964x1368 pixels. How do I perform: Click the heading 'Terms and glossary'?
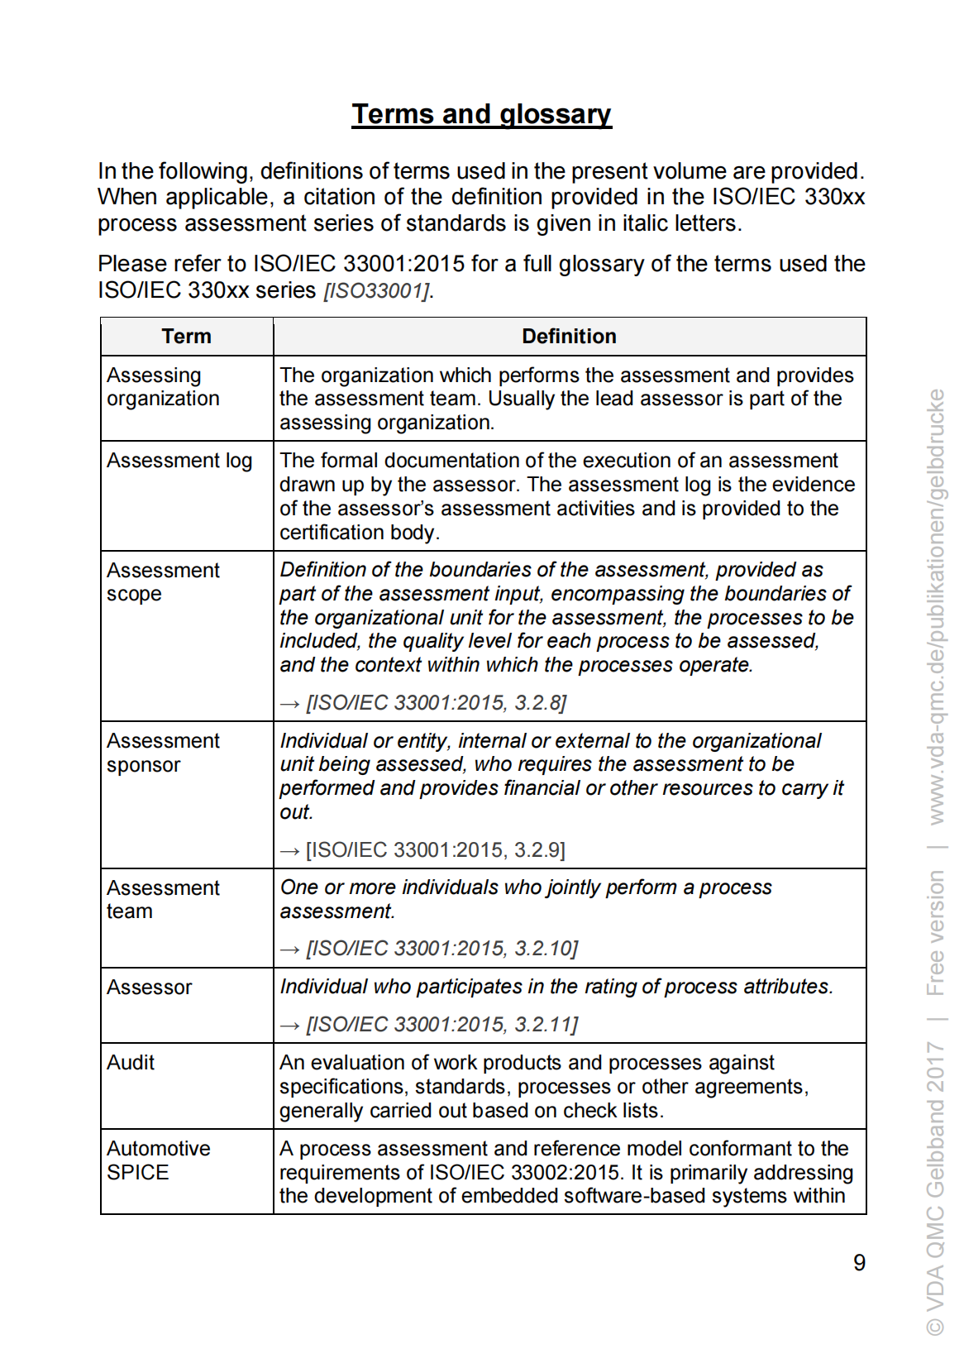click(x=481, y=114)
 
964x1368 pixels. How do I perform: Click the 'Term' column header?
click(x=187, y=337)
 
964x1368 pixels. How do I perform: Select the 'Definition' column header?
click(x=569, y=337)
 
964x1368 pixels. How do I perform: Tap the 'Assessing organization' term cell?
click(x=163, y=387)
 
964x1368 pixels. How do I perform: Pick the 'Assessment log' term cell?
click(x=179, y=461)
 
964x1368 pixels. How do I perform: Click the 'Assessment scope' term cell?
click(x=163, y=582)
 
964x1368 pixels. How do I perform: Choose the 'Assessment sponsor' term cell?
click(x=163, y=753)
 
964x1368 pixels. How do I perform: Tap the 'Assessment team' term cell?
click(x=163, y=900)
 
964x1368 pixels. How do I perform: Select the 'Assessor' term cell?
click(x=150, y=988)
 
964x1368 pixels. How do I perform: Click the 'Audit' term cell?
click(x=131, y=1063)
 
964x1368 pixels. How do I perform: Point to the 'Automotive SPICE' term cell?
click(x=158, y=1160)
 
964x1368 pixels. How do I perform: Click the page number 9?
click(x=859, y=1263)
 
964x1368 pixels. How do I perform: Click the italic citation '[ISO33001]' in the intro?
click(x=377, y=291)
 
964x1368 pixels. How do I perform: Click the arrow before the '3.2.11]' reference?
click(x=289, y=1026)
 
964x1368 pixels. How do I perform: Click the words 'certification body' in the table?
click(x=357, y=533)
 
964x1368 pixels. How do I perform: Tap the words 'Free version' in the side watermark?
click(x=935, y=933)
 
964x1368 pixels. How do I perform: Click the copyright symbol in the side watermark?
click(x=935, y=1327)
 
